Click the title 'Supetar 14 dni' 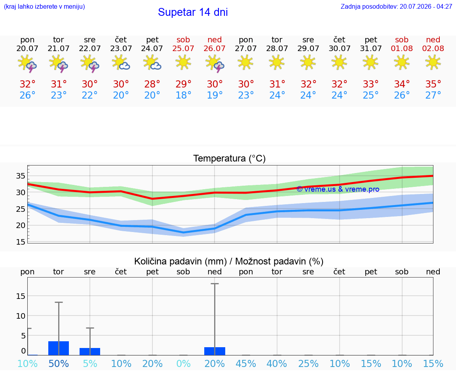(x=193, y=12)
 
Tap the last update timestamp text (x=396, y=6)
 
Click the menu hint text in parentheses (x=44, y=6)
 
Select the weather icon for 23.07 (x=121, y=63)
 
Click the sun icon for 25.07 (x=183, y=62)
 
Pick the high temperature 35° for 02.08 (x=433, y=84)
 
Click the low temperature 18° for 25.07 (x=183, y=95)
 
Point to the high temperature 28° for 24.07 (x=152, y=84)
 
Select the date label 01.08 (x=402, y=48)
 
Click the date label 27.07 (x=246, y=48)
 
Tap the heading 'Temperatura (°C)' (x=230, y=158)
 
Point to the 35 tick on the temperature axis (x=21, y=176)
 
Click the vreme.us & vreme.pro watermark (x=338, y=189)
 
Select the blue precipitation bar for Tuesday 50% (x=59, y=348)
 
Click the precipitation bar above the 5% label (x=90, y=352)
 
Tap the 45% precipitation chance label (x=246, y=363)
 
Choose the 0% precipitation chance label (x=184, y=363)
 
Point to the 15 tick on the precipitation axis (x=21, y=296)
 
